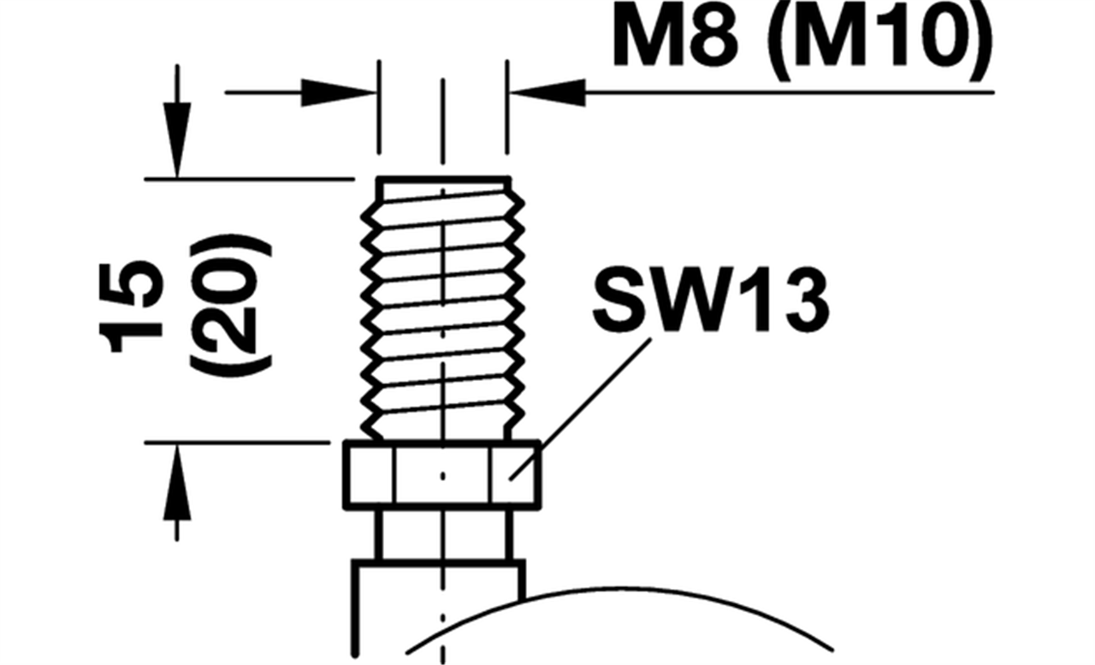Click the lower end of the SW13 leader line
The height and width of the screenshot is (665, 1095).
click(509, 479)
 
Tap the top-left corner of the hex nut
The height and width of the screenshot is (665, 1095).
click(344, 442)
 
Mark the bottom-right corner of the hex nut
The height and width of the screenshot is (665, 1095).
click(541, 508)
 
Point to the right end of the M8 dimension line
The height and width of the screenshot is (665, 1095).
click(994, 92)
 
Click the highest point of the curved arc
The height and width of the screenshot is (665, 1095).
click(619, 588)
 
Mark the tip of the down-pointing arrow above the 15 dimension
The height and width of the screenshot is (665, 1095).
click(177, 177)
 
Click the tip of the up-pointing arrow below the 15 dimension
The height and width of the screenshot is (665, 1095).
click(177, 445)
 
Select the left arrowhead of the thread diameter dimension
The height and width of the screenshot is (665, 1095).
click(338, 92)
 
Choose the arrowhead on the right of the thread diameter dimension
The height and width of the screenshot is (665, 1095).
click(547, 92)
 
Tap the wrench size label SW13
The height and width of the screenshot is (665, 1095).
click(711, 300)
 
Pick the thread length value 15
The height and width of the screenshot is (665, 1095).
click(131, 307)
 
